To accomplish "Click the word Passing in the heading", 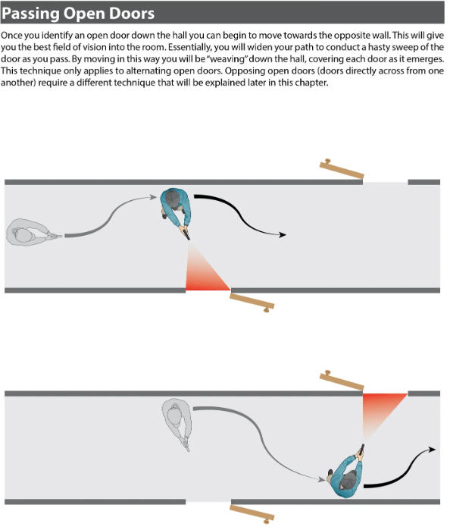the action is coord(31,14).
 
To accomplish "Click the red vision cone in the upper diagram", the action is coord(204,274).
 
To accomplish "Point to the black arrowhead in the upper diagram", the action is coord(282,234).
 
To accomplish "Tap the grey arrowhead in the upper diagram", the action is coord(154,197).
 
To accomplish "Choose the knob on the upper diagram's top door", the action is coord(327,162).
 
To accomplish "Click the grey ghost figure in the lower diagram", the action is coord(177,424).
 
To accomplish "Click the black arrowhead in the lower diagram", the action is coord(432,449).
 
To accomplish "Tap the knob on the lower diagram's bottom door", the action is coord(267,521).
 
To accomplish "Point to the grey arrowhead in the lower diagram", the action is coord(322,479).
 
